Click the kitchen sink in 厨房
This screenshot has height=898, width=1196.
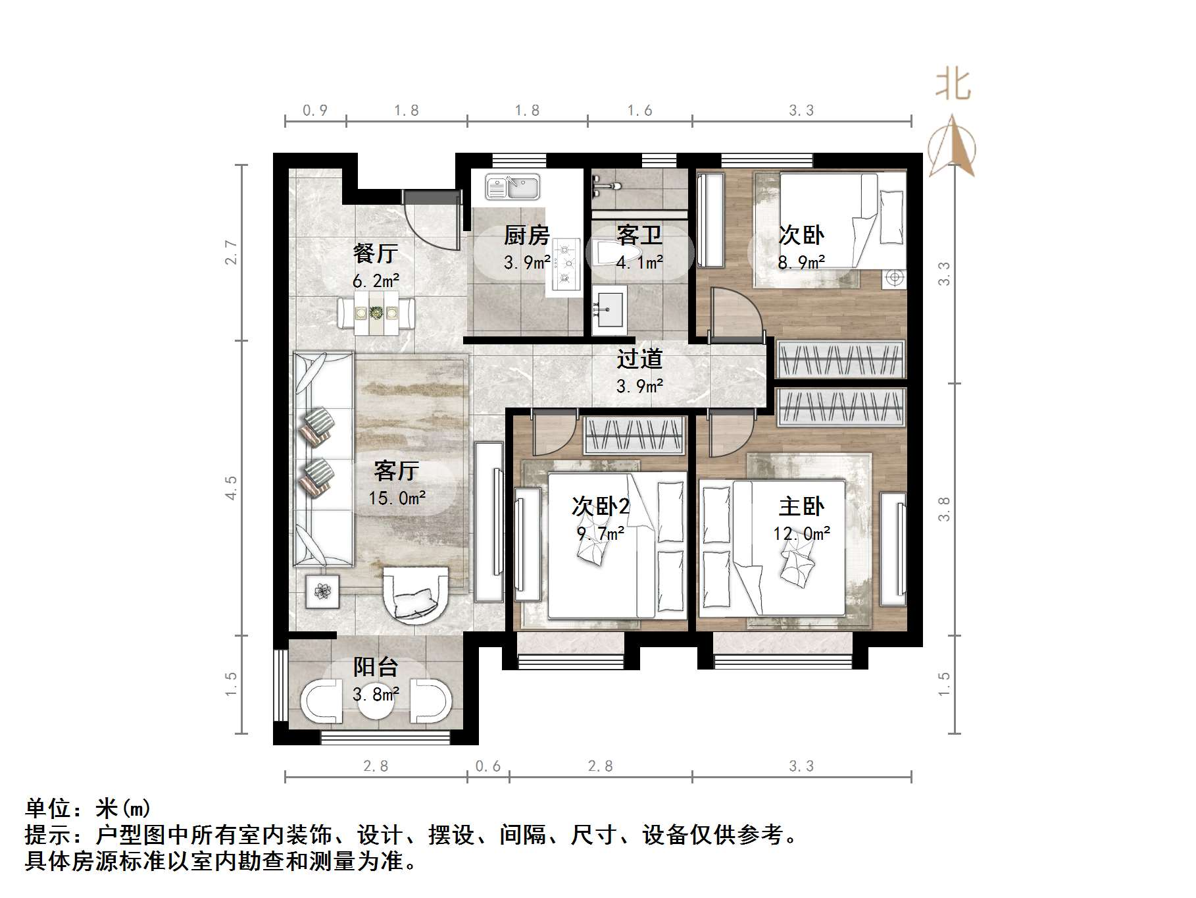click(x=512, y=187)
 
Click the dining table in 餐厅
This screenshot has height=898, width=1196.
click(x=376, y=314)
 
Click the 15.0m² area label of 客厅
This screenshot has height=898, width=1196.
click(x=397, y=498)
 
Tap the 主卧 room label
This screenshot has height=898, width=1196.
click(x=801, y=507)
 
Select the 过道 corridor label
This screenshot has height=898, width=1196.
click(x=639, y=359)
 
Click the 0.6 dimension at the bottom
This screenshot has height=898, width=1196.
click(x=487, y=766)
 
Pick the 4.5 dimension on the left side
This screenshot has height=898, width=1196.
click(x=231, y=488)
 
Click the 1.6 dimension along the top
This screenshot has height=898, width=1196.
click(x=639, y=111)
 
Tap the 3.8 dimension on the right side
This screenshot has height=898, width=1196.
click(x=944, y=509)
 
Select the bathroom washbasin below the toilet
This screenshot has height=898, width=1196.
click(x=609, y=309)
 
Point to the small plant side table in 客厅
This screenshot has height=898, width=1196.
click(x=322, y=592)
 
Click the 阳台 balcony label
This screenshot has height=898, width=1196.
click(x=376, y=667)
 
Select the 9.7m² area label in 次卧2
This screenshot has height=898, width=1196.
click(x=600, y=533)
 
